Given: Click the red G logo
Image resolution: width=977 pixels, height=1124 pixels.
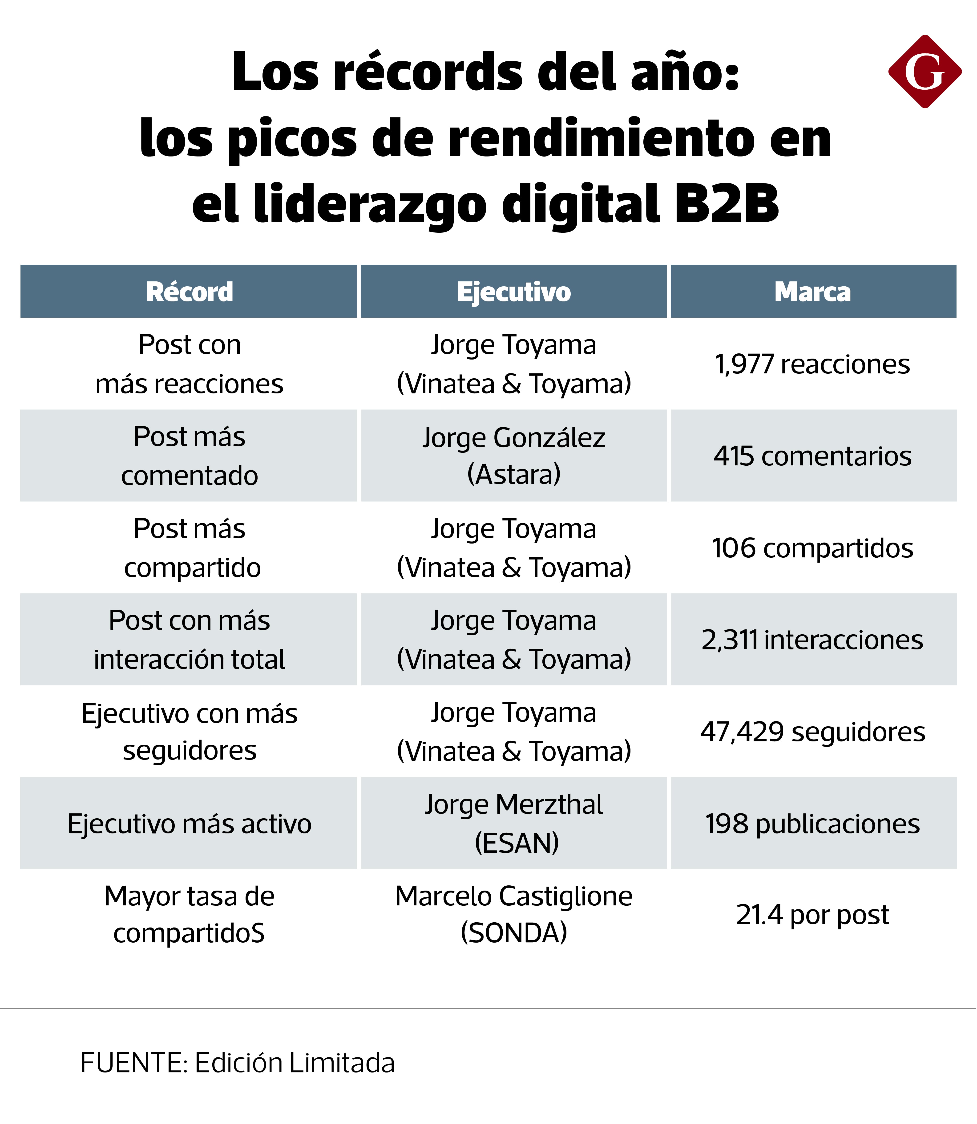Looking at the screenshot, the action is coord(925,71).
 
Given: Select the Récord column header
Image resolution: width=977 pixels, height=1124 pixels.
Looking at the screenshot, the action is coord(189,292).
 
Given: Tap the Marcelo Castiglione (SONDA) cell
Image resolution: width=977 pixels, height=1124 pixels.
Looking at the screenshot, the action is coord(514,915).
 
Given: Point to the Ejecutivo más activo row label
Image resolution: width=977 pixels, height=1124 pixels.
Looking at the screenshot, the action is coord(189,824).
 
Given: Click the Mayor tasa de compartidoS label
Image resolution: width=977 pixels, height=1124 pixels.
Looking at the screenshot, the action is coord(189,915).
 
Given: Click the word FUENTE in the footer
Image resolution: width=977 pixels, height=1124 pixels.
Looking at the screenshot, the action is coord(133,1063).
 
